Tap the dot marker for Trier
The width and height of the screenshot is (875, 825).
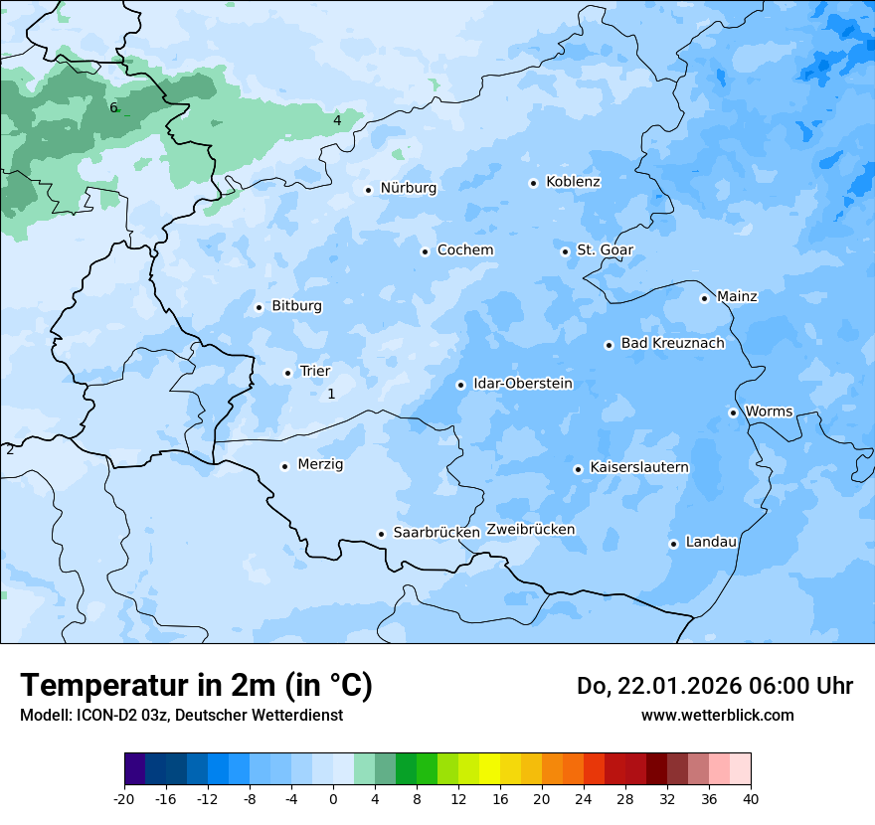(288, 373)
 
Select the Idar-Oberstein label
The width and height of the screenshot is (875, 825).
(523, 384)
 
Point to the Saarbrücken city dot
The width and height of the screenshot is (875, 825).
(381, 534)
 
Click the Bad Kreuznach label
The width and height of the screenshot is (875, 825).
(672, 344)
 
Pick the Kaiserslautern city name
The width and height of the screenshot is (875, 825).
(639, 468)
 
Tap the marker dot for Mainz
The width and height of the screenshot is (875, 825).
(704, 298)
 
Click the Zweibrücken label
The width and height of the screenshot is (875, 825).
(530, 530)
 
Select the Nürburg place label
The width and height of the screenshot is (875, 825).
(408, 188)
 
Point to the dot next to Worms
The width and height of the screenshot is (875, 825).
(733, 412)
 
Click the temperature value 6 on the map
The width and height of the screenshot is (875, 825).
(113, 107)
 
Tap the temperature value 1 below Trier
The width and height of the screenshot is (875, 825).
(331, 395)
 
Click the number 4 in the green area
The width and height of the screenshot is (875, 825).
(337, 120)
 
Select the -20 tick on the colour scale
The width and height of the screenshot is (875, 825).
(124, 799)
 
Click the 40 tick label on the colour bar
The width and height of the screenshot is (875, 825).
(751, 799)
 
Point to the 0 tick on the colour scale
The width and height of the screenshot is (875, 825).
(333, 799)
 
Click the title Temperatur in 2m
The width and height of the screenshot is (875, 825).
(196, 685)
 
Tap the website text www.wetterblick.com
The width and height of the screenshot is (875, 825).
(717, 715)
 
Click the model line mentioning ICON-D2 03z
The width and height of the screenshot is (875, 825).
(181, 715)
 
